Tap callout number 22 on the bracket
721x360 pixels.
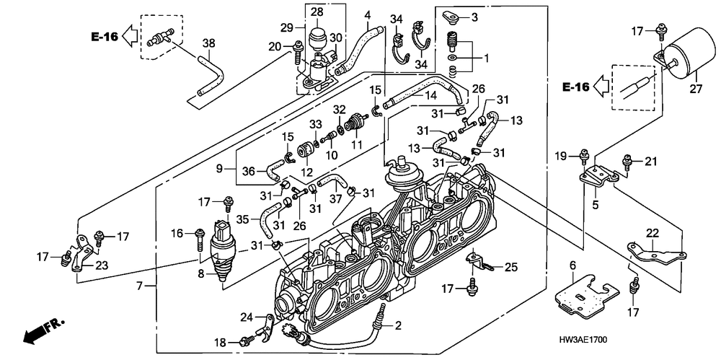pos(651,232)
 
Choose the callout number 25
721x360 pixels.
pos(511,268)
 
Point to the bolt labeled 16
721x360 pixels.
pos(198,234)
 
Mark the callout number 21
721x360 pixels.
pos(652,161)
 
